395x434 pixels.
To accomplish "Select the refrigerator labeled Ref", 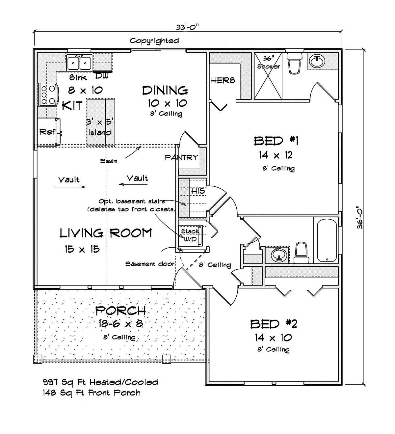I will pos(48,132).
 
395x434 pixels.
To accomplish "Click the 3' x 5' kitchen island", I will pos(101,122).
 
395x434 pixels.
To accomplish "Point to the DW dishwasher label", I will pos(102,76).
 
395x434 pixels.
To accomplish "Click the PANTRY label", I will pos(182,158).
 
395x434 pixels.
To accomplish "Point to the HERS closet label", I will pos(223,80).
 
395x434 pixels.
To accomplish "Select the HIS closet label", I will pos(198,191).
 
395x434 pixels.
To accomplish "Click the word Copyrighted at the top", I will pos(154,41).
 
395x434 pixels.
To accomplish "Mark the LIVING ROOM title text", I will pos(106,233).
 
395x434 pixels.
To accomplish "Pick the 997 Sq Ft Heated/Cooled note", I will pos(101,382).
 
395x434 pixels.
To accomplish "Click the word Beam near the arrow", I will pos(109,161).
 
